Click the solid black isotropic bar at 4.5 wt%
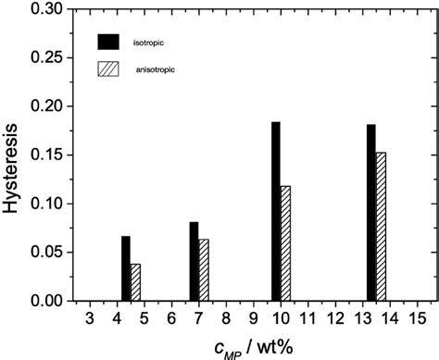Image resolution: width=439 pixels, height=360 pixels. point(126,269)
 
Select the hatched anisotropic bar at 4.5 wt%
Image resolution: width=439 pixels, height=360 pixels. point(135,282)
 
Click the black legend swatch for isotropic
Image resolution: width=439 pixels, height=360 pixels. point(109,42)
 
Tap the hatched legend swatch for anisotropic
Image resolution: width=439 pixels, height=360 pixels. point(109,69)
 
